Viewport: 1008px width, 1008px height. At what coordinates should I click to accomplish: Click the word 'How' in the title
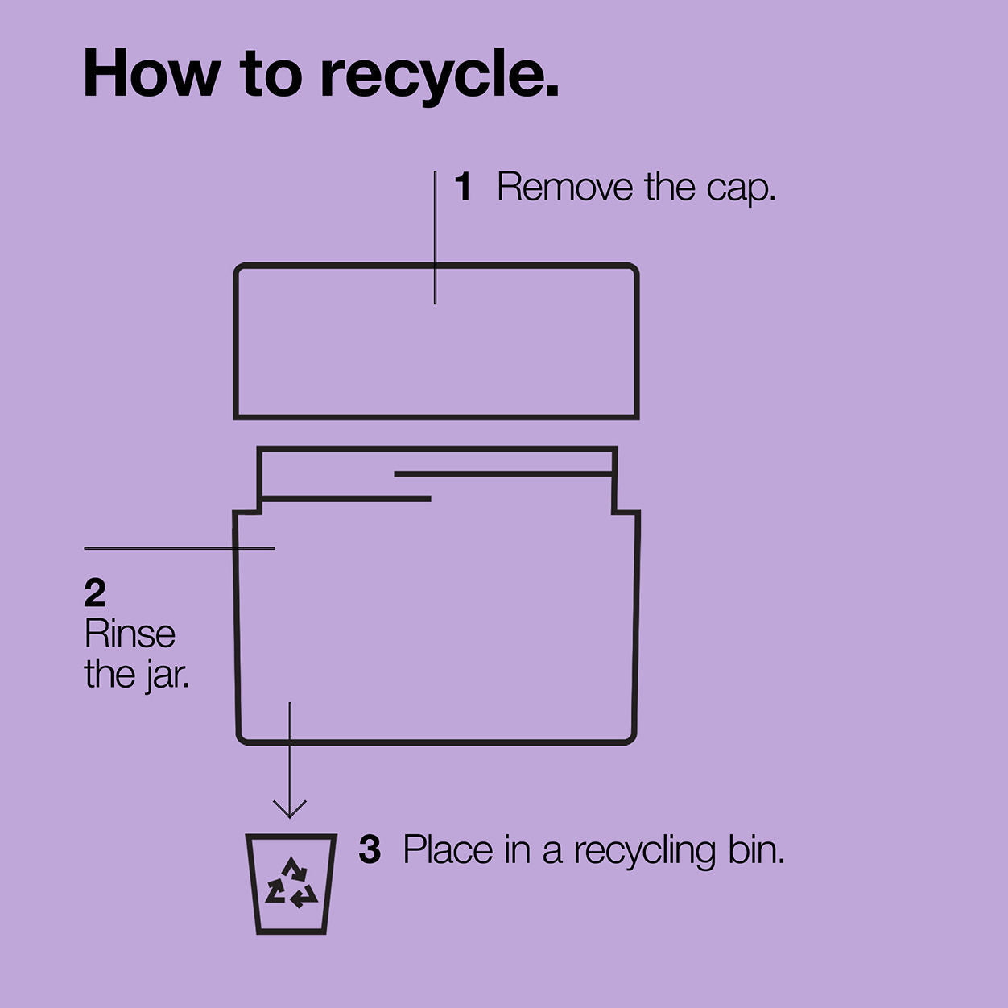click(x=151, y=72)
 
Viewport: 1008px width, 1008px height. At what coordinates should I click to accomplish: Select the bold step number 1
click(x=464, y=186)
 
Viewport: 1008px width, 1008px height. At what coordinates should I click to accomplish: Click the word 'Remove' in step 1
click(x=565, y=186)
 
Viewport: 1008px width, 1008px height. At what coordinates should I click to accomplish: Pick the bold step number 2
click(x=95, y=593)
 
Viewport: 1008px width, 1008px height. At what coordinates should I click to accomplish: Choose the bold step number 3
click(x=370, y=850)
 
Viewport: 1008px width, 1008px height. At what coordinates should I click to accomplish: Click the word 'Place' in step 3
click(x=448, y=849)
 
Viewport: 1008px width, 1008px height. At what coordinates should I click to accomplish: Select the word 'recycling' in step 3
click(x=645, y=852)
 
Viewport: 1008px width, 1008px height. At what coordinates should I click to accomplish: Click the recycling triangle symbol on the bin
click(x=291, y=883)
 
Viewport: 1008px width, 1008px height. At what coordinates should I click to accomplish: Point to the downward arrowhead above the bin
click(x=290, y=808)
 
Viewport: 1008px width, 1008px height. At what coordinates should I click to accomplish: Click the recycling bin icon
click(x=291, y=884)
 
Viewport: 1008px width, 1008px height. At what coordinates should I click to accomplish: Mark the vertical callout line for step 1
click(x=436, y=237)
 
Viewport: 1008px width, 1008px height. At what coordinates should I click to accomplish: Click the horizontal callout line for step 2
click(x=180, y=548)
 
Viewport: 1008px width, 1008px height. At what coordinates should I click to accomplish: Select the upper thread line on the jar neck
click(x=504, y=474)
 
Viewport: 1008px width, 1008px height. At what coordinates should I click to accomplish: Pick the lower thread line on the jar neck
click(x=346, y=499)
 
